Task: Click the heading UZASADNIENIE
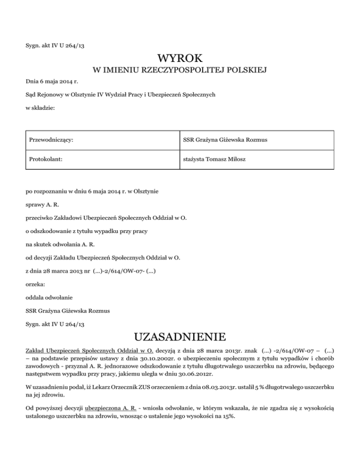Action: pyautogui.click(x=180, y=337)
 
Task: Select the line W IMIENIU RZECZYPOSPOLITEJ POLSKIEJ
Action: pyautogui.click(x=180, y=71)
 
